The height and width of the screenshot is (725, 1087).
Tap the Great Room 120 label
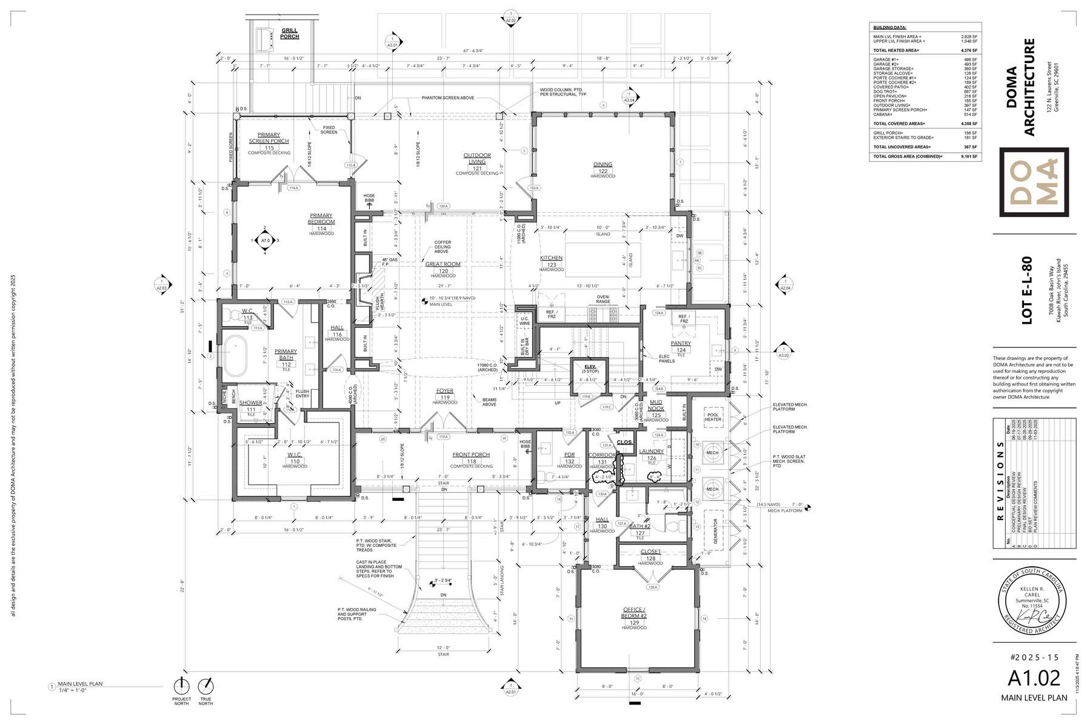click(x=443, y=267)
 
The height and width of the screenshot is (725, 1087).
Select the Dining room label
click(x=603, y=168)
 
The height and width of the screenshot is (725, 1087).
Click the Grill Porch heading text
click(x=289, y=33)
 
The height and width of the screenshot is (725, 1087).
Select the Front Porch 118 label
click(x=470, y=458)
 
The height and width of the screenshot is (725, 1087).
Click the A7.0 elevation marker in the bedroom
click(x=265, y=241)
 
